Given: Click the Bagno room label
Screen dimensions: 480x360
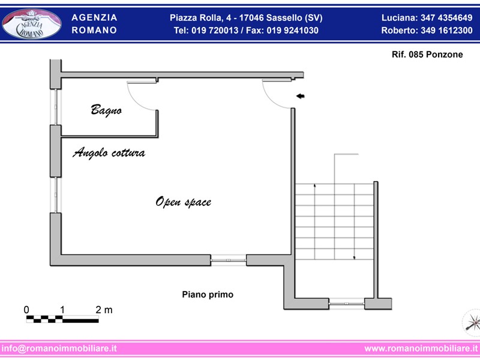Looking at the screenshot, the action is [106, 110].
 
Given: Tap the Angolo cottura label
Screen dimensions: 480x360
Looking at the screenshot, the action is [109, 152].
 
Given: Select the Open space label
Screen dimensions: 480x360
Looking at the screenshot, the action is [184, 202].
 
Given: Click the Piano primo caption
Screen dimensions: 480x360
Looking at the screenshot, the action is [208, 295].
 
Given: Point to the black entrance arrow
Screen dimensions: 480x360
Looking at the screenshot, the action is [301, 96].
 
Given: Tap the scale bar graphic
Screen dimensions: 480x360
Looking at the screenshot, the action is [62, 319].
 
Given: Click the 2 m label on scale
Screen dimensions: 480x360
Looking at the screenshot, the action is [104, 310].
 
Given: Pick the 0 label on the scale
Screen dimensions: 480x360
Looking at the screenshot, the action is [26, 310].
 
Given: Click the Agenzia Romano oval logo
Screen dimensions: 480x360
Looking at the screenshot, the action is [32, 24].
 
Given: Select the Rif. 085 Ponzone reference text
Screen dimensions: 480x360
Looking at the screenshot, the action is [427, 55].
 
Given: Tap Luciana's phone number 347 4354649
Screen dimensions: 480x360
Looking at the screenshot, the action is [446, 18].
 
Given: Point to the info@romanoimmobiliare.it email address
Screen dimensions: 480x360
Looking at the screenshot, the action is [59, 349].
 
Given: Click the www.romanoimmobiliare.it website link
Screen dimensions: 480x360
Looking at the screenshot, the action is [421, 349].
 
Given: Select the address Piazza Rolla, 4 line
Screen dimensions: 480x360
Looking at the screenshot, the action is [246, 18].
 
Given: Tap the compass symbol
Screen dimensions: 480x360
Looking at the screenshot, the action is [472, 323].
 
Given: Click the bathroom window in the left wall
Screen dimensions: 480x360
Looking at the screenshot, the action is [56, 107].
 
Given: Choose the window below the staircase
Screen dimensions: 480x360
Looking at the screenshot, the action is [347, 304].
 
